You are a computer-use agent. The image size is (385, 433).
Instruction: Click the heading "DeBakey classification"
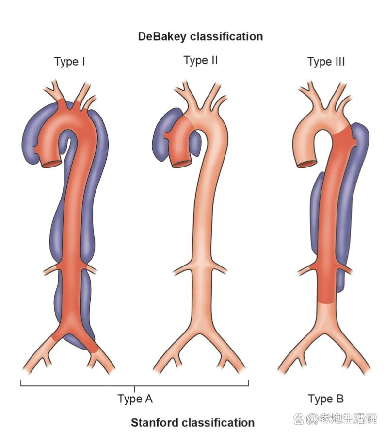(x=200, y=37)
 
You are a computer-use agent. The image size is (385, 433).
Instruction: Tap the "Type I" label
(x=70, y=62)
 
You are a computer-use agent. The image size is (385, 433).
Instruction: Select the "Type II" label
(x=201, y=60)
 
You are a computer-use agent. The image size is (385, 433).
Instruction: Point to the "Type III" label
(x=326, y=62)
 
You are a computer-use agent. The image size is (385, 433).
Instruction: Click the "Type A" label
(x=135, y=399)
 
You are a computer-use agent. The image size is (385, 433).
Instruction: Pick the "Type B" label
(x=326, y=399)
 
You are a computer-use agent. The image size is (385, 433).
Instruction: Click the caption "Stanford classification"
(x=192, y=422)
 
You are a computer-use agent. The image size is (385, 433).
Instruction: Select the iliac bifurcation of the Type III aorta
(x=328, y=330)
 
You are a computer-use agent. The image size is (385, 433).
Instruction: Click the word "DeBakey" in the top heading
(x=163, y=37)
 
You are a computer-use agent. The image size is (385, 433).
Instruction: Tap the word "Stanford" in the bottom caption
(x=154, y=422)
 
